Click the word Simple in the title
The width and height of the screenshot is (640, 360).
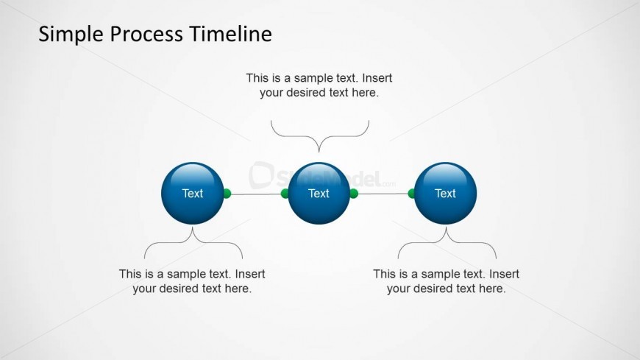pos(68,34)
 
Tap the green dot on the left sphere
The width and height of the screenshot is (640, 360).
pos(227,194)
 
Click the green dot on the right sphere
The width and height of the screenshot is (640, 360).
pos(412,194)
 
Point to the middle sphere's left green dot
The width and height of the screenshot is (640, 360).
pos(285,194)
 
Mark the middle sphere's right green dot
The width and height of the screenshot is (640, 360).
pos(354,194)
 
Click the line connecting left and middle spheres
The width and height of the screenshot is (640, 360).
pos(256,194)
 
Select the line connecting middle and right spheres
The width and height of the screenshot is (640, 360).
pos(383,194)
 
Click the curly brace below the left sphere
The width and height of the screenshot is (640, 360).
pos(193,243)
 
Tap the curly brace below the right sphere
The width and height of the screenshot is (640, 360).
pos(447,243)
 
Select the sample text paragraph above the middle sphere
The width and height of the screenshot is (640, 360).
pos(319,85)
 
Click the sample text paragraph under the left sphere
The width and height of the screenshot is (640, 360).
pos(192,281)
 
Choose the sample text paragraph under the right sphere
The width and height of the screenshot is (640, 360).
pos(446,281)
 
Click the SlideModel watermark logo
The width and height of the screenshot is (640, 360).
pos(324,177)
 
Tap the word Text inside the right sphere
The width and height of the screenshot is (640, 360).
pos(445,194)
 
